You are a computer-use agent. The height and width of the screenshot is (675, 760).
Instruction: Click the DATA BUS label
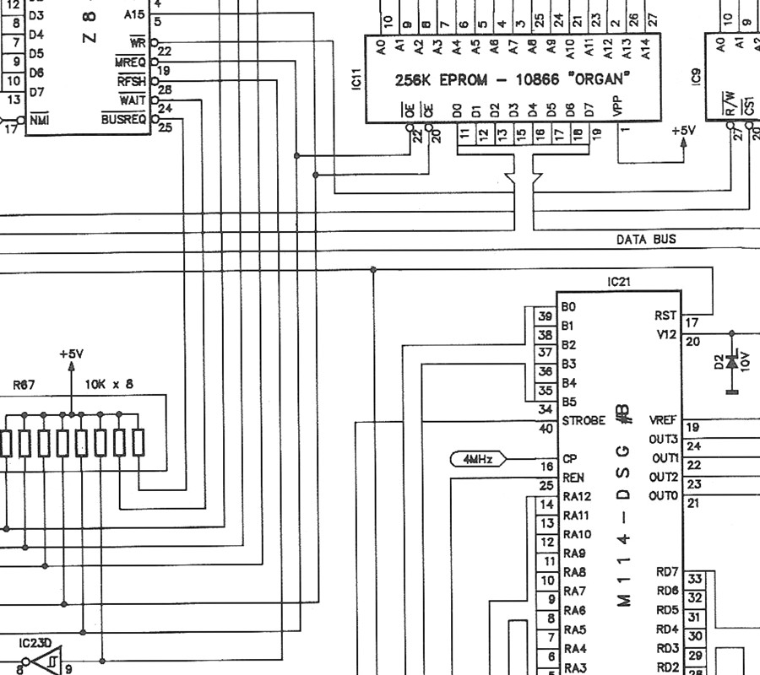click(x=646, y=240)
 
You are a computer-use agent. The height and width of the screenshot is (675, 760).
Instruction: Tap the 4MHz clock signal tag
click(x=479, y=459)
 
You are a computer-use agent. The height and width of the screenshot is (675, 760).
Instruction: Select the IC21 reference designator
click(x=618, y=282)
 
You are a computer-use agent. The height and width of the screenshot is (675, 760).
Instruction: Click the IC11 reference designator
click(x=356, y=79)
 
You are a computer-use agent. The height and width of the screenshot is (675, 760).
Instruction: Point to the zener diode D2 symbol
click(x=732, y=362)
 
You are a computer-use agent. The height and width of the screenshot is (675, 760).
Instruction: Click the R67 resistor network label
click(x=24, y=385)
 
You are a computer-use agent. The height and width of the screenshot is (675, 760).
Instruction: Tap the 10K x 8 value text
click(x=109, y=385)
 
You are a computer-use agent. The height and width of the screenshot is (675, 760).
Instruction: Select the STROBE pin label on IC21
click(x=584, y=421)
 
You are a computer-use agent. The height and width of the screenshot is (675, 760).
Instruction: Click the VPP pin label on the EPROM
click(x=617, y=106)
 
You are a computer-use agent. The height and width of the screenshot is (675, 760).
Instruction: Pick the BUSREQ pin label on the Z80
click(x=123, y=119)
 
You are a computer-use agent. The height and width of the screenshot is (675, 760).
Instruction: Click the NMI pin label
click(x=39, y=120)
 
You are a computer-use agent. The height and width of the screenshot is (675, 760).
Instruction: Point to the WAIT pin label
click(x=133, y=100)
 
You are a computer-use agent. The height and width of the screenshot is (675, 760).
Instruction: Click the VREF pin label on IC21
click(x=663, y=420)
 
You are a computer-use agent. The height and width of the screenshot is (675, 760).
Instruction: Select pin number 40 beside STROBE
click(x=546, y=429)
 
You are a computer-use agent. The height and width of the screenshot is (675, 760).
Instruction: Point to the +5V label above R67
click(x=71, y=354)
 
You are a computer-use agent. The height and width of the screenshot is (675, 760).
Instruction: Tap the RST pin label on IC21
click(x=665, y=316)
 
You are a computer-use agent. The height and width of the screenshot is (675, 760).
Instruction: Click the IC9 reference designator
click(x=696, y=77)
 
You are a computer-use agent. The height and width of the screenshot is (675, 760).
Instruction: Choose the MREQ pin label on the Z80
click(x=130, y=62)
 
